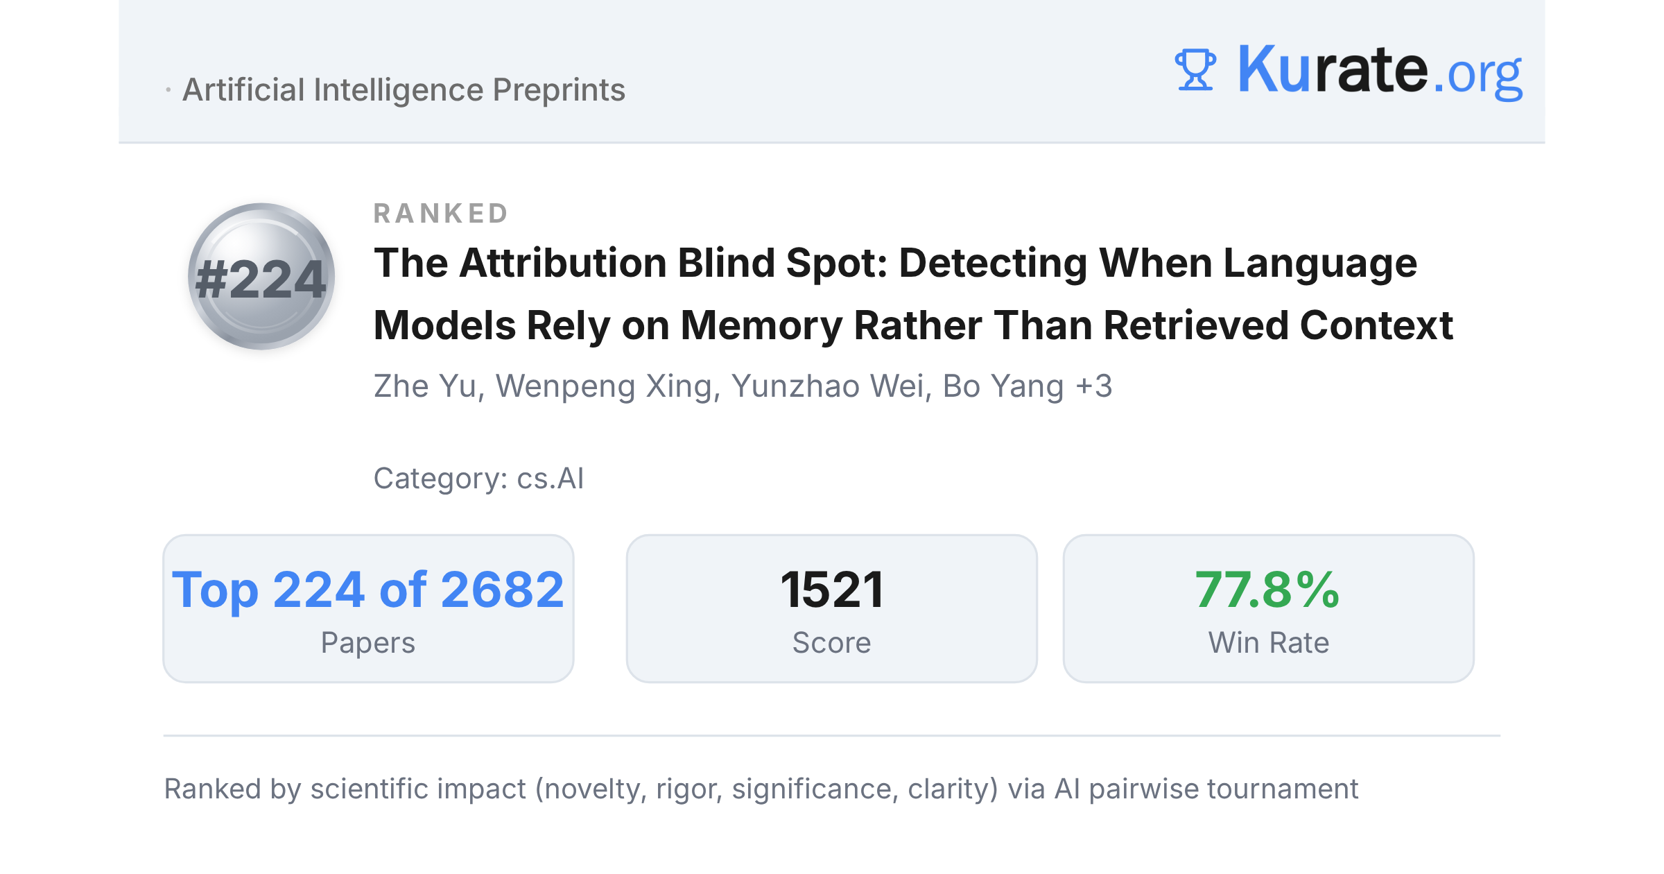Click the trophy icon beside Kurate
click(1195, 69)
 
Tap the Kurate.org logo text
click(1380, 71)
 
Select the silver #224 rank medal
click(261, 276)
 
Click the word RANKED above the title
click(441, 214)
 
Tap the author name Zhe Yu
click(425, 386)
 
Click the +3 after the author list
click(1093, 386)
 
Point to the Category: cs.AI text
click(478, 479)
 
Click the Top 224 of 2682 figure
click(368, 590)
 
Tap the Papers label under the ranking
click(368, 643)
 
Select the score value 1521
click(832, 590)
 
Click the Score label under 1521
click(832, 643)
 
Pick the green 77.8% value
click(1267, 590)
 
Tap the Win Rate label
click(1269, 643)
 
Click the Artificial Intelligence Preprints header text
click(404, 90)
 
